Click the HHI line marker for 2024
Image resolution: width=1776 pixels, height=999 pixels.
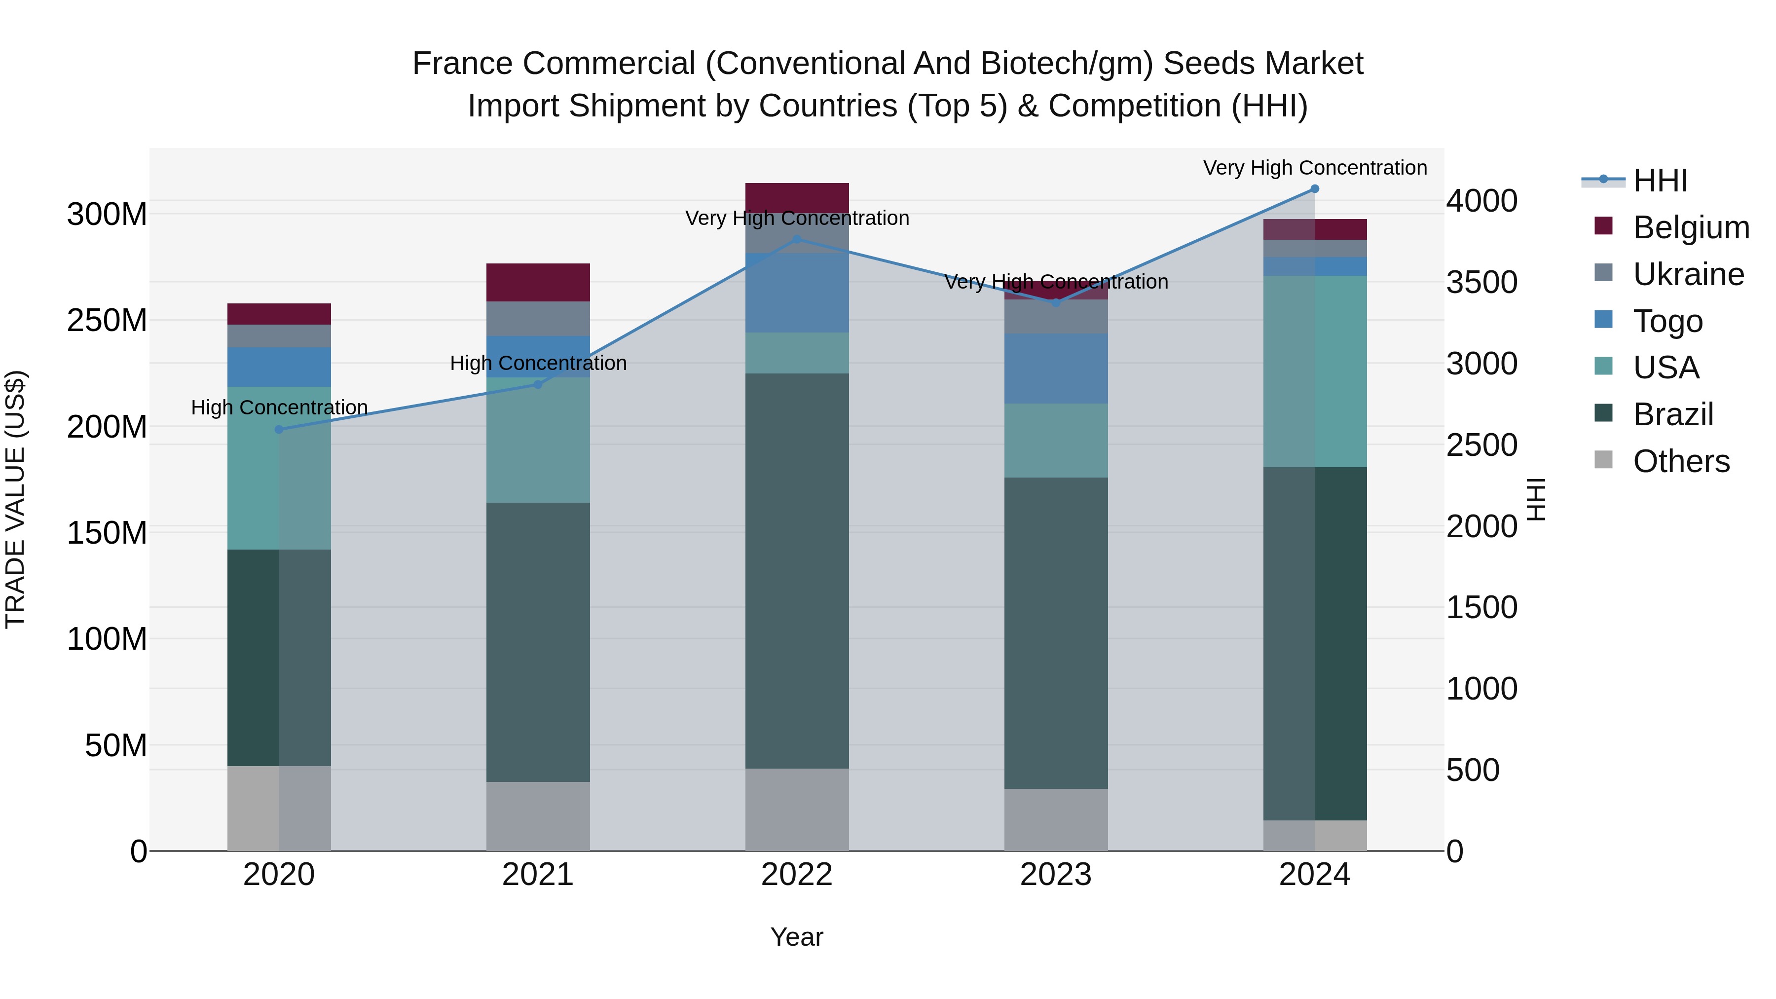pyautogui.click(x=1314, y=189)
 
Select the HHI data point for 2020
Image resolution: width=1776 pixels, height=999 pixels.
pyautogui.click(x=279, y=430)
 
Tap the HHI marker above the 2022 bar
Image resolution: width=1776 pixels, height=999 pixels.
pyautogui.click(x=797, y=239)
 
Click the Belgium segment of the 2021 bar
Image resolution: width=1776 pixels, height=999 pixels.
pyautogui.click(x=538, y=282)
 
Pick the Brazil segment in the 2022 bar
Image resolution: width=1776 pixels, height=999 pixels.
pyautogui.click(x=797, y=571)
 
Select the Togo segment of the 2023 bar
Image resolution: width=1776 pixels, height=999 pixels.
pyautogui.click(x=1056, y=369)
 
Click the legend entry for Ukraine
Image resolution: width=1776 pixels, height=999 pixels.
pyautogui.click(x=1688, y=274)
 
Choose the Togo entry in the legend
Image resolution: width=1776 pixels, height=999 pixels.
pyautogui.click(x=1667, y=321)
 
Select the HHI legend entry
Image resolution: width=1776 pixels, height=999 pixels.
pyautogui.click(x=1660, y=181)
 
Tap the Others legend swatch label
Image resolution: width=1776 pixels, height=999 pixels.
pyautogui.click(x=1681, y=461)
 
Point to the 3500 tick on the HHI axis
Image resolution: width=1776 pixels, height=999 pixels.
pyautogui.click(x=1481, y=283)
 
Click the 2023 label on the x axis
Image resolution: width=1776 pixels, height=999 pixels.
pyautogui.click(x=1056, y=875)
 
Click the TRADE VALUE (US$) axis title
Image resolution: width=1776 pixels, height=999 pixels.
pyautogui.click(x=15, y=499)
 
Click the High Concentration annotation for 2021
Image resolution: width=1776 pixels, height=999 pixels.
pyautogui.click(x=538, y=363)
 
